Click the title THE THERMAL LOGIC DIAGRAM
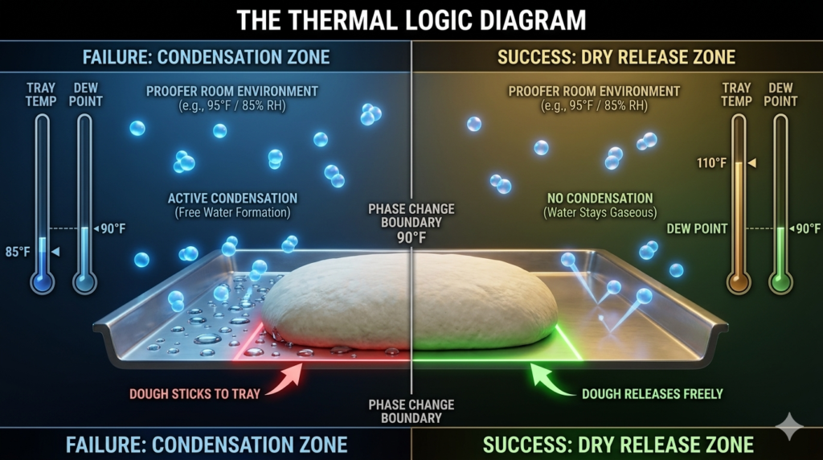(x=411, y=19)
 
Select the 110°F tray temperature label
(x=713, y=163)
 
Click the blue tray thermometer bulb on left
(x=42, y=282)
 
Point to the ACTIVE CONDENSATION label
(x=232, y=198)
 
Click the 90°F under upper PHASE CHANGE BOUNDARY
(x=411, y=238)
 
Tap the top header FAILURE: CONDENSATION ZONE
(x=206, y=57)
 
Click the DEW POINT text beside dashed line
(x=697, y=228)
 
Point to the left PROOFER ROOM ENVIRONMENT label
(x=232, y=91)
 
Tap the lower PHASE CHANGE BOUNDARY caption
(x=411, y=411)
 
